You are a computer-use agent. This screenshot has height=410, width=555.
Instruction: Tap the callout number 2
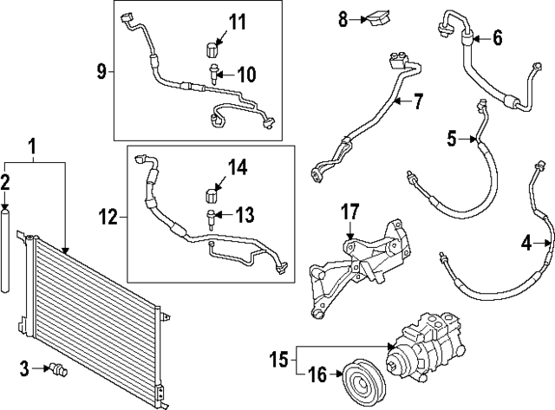click(5, 182)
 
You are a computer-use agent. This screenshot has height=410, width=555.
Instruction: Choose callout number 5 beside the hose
click(452, 137)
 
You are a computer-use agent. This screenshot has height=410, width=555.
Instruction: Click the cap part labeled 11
click(211, 45)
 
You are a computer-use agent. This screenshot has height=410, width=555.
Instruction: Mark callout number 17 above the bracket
click(349, 211)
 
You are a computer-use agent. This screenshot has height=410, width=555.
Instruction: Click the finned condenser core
click(95, 312)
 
